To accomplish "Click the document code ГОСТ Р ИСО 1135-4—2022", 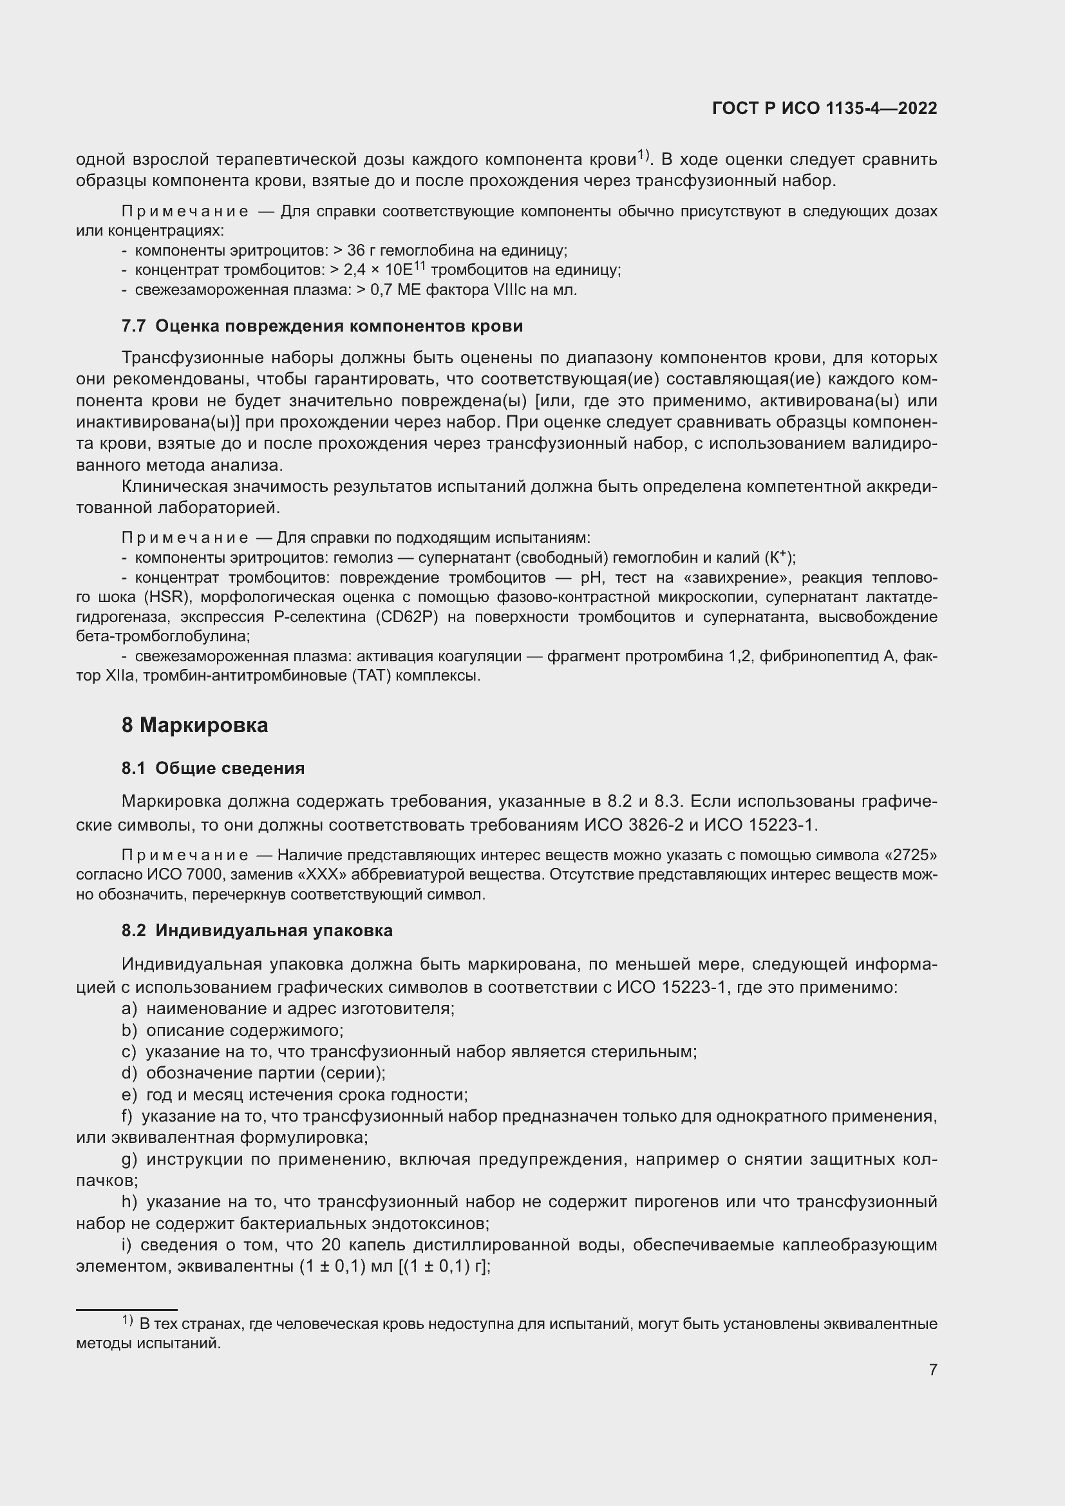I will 824,108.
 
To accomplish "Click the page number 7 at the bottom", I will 932,1369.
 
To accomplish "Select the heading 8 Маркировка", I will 194,725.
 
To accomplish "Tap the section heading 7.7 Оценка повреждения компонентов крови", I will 322,326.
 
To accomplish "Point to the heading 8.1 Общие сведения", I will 213,768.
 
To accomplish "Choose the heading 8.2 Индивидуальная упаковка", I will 257,931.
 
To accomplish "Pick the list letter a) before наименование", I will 129,1008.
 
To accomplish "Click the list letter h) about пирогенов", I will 129,1201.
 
